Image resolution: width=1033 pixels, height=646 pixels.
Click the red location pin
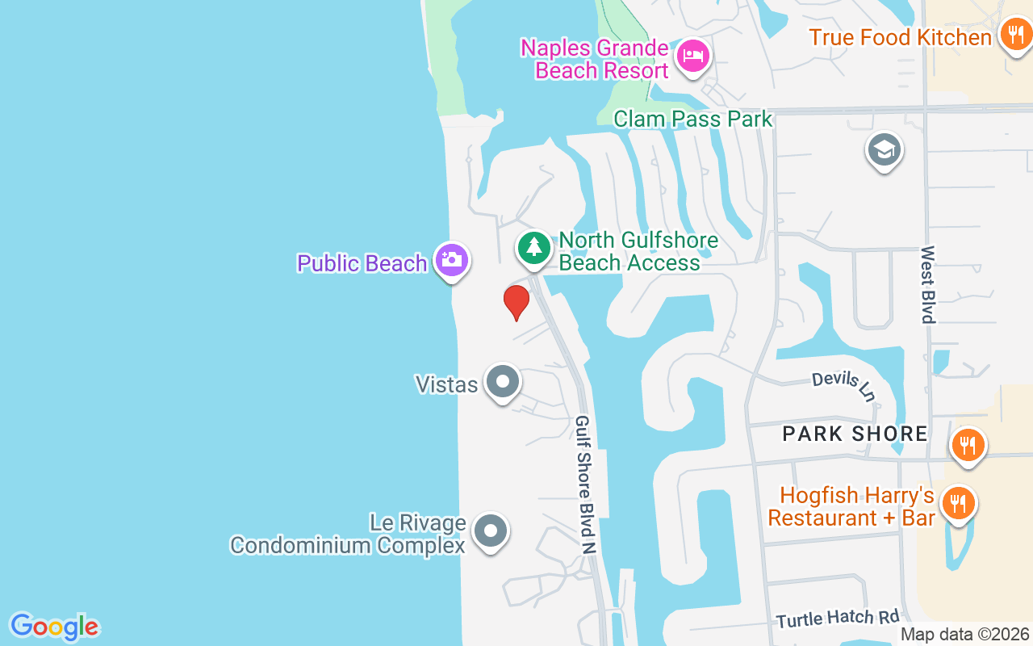(516, 302)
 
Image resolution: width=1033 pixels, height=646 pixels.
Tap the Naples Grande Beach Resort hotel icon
(693, 56)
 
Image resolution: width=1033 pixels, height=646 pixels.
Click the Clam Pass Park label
(692, 120)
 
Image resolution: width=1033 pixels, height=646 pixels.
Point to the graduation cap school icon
(884, 149)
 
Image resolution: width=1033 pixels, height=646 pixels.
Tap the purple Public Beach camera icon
(451, 260)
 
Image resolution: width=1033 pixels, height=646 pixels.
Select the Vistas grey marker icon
(503, 381)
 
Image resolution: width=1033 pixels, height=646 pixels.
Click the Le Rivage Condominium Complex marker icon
(490, 531)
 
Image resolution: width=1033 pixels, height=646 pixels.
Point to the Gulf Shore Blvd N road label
(585, 484)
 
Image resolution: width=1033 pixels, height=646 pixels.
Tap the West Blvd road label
(928, 284)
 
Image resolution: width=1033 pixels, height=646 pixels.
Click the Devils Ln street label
(843, 386)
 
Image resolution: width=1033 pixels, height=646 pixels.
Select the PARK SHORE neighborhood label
(855, 434)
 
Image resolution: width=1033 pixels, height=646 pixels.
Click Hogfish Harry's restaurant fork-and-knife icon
(958, 503)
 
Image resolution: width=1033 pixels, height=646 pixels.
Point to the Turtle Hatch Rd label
(838, 619)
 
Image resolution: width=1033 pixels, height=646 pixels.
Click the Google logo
(54, 627)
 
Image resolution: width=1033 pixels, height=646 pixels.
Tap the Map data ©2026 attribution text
(964, 635)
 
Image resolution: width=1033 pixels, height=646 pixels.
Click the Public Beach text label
(362, 263)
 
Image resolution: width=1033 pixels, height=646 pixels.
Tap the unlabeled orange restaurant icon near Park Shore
(967, 445)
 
